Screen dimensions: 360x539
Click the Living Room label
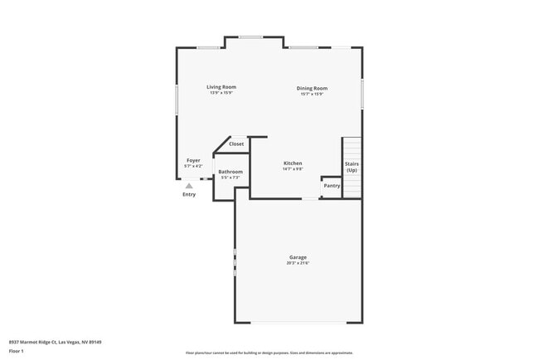click(221, 87)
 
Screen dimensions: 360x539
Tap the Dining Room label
click(313, 88)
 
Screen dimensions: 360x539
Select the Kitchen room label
click(293, 163)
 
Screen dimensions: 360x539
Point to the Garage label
click(298, 257)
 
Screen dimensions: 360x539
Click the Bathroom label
click(231, 172)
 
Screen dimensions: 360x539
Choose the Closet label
click(236, 144)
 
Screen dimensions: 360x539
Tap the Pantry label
click(332, 186)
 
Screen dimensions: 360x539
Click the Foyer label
click(193, 160)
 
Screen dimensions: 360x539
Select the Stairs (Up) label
click(352, 167)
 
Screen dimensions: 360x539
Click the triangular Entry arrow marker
click(189, 186)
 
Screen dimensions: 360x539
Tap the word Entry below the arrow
click(189, 194)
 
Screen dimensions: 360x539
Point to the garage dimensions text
click(298, 264)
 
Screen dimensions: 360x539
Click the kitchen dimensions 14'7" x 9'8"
click(293, 169)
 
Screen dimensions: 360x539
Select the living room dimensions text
click(221, 93)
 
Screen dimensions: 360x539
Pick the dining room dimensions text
click(312, 94)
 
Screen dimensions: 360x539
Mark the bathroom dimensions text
click(230, 178)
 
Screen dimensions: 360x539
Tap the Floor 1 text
click(17, 351)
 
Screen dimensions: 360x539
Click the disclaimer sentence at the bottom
click(269, 353)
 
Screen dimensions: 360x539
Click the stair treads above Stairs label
click(352, 149)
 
